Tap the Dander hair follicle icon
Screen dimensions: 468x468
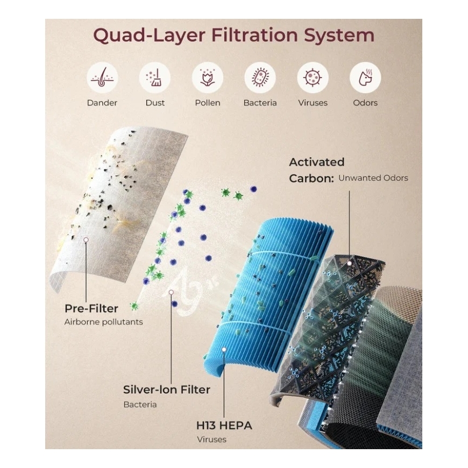click(102, 77)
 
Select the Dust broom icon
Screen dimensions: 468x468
click(154, 77)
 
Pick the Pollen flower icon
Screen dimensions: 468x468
click(208, 77)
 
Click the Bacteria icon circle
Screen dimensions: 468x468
click(260, 77)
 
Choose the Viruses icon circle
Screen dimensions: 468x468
click(313, 77)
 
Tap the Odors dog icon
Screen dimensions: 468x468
click(365, 77)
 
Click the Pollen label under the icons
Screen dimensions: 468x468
click(208, 103)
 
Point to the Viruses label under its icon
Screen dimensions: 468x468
click(313, 103)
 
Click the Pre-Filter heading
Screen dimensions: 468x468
click(91, 308)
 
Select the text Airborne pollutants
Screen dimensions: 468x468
click(104, 322)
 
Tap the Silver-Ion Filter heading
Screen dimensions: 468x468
click(167, 389)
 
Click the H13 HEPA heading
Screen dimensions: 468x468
click(224, 426)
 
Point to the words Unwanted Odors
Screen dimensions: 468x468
click(373, 178)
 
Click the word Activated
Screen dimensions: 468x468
click(317, 162)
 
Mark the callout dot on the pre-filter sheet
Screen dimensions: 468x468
click(86, 240)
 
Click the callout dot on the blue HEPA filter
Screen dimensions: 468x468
click(224, 349)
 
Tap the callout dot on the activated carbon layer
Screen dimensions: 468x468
click(349, 263)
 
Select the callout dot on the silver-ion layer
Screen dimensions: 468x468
click(171, 292)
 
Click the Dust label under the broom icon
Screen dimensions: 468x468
click(155, 103)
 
